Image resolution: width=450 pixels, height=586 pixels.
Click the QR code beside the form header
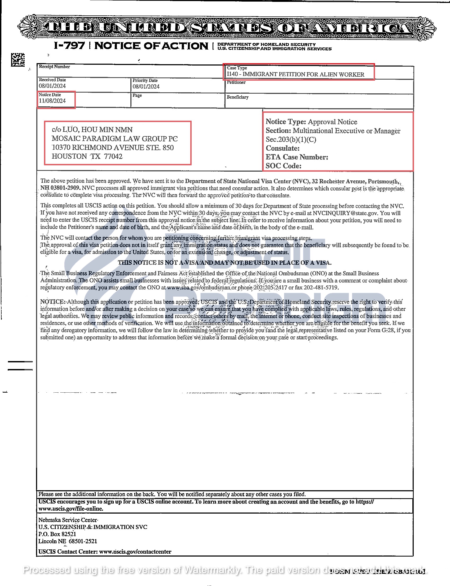[18, 59]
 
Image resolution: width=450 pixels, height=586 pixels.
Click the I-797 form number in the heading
[69, 46]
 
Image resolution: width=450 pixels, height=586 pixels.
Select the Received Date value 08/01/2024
[52, 86]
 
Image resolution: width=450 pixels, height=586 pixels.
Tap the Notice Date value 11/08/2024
[52, 101]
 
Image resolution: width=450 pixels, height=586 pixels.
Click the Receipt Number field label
[54, 67]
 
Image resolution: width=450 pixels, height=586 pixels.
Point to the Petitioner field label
[236, 82]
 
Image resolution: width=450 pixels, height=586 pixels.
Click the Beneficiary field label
[237, 97]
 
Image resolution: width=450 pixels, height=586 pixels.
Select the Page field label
[137, 96]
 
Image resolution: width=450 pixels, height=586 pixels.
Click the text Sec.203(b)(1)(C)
[291, 140]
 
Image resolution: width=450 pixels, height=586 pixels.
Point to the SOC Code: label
[283, 166]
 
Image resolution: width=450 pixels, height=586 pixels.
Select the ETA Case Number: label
[297, 157]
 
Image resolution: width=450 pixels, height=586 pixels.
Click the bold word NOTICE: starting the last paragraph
[52, 302]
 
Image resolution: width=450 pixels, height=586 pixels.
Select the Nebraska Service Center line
[68, 520]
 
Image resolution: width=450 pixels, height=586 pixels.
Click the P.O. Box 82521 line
[57, 534]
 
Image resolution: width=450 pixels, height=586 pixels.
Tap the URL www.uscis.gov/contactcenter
[135, 552]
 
